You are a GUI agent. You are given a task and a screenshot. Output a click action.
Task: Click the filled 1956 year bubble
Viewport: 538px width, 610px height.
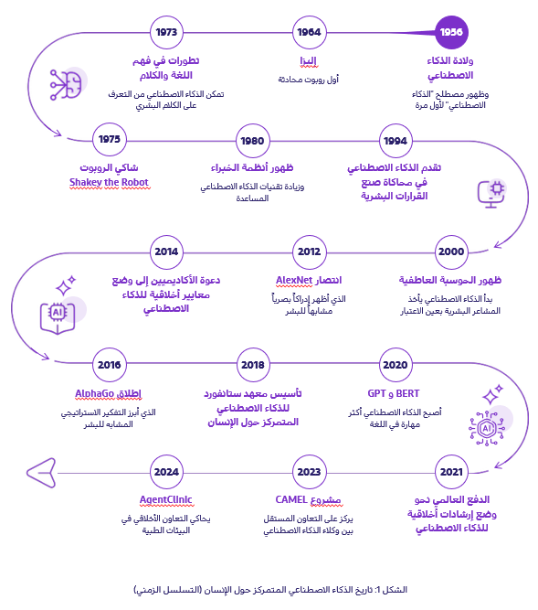451,33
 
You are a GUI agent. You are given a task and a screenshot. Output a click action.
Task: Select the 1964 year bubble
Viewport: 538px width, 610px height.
309,33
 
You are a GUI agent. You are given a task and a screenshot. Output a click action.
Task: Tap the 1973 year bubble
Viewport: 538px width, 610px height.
165,33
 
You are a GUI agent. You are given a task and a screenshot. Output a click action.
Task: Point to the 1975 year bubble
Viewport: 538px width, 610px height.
109,140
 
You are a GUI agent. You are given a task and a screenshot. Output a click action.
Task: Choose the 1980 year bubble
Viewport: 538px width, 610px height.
251,140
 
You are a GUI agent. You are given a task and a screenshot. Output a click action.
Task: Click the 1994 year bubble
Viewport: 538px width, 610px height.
395,140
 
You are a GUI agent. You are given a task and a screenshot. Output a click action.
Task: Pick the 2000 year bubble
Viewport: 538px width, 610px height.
451,251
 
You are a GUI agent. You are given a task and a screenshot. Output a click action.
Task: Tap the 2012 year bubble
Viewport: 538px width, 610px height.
309,251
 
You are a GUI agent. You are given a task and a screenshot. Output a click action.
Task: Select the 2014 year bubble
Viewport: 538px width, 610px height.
165,251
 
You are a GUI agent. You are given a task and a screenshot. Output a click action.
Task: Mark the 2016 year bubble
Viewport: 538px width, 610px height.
109,364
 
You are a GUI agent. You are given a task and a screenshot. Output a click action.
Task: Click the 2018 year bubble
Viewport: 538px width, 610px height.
251,364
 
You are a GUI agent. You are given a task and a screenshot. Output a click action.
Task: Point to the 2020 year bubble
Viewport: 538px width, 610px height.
395,364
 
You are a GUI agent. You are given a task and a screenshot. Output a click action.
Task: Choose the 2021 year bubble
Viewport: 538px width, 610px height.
451,472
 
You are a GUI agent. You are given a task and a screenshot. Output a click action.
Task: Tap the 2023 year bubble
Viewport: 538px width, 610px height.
309,472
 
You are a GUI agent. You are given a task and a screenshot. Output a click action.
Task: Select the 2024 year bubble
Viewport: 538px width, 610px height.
165,472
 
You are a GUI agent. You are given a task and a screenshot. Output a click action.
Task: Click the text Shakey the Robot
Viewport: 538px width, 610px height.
109,182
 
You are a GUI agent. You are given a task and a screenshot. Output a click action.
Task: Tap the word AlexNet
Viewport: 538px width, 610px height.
293,279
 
